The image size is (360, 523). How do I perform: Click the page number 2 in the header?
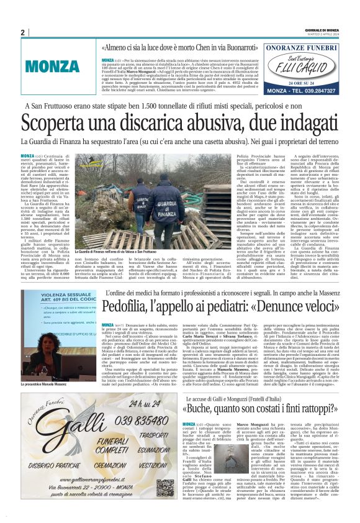point(23,32)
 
